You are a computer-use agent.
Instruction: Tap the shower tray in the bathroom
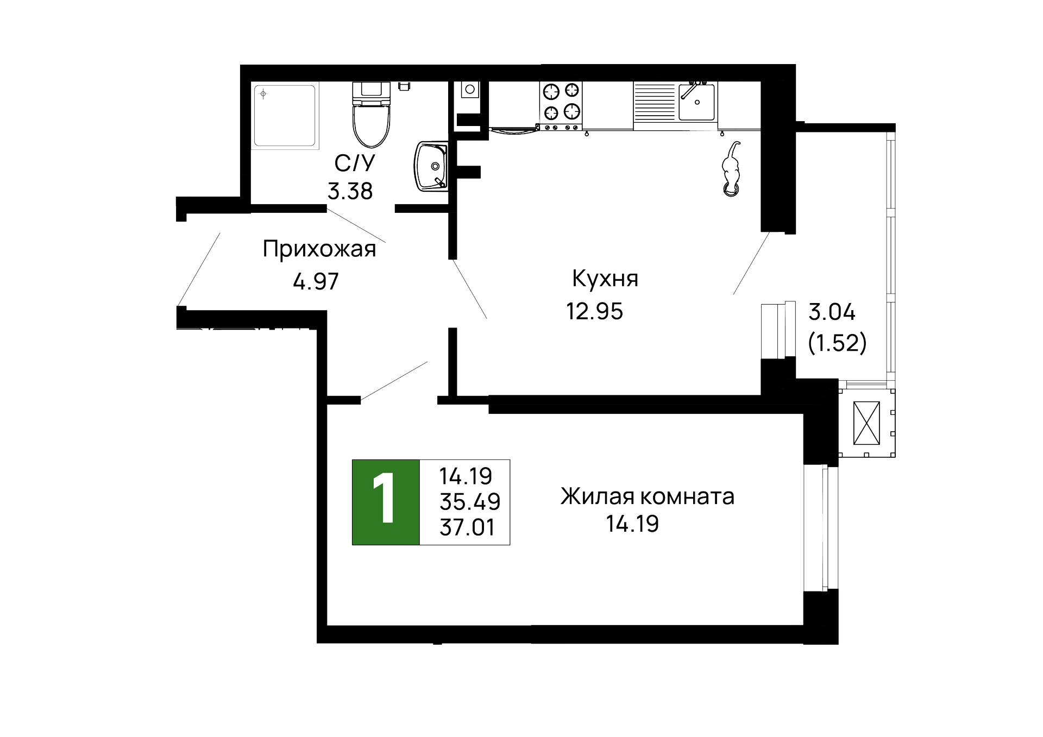tap(285, 115)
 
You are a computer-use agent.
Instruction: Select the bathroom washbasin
tap(431, 166)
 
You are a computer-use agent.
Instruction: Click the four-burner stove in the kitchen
tap(561, 102)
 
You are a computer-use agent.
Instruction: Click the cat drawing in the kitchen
tap(731, 171)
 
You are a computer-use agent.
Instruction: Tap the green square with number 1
tap(386, 502)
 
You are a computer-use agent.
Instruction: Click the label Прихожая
tap(319, 249)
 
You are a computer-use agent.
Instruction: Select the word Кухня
tap(605, 279)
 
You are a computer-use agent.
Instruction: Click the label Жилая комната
tap(647, 496)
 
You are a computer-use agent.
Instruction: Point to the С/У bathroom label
tap(354, 163)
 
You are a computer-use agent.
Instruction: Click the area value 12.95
tap(594, 312)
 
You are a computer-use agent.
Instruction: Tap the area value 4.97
tap(316, 281)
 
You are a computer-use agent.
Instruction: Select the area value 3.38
tap(350, 191)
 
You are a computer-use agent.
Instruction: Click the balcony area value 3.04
tap(831, 312)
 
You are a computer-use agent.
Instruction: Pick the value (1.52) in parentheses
tap(837, 343)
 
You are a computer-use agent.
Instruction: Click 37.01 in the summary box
tap(467, 527)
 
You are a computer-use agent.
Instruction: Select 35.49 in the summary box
tap(470, 502)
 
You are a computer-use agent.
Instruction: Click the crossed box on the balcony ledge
tap(866, 423)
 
